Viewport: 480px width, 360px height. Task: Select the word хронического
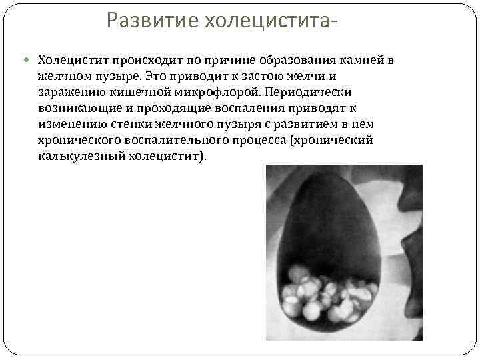coord(81,140)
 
